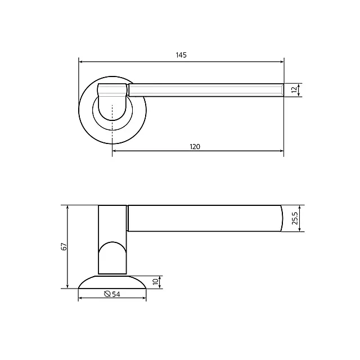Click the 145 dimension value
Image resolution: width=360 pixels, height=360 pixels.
tap(181, 55)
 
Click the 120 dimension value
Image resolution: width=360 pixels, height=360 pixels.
tap(195, 146)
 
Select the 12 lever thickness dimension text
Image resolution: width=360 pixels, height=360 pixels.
tap(294, 90)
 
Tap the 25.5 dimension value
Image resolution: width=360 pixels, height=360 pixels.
tap(295, 218)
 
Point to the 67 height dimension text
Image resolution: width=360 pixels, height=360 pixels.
tap(64, 247)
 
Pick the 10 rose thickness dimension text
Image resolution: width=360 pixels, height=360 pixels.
tap(156, 282)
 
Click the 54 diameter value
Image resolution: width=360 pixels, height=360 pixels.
tap(116, 294)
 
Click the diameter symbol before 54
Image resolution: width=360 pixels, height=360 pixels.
tap(107, 294)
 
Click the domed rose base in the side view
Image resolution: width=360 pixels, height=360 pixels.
tap(112, 282)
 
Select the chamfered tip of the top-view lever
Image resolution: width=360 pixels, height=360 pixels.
tap(280, 90)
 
